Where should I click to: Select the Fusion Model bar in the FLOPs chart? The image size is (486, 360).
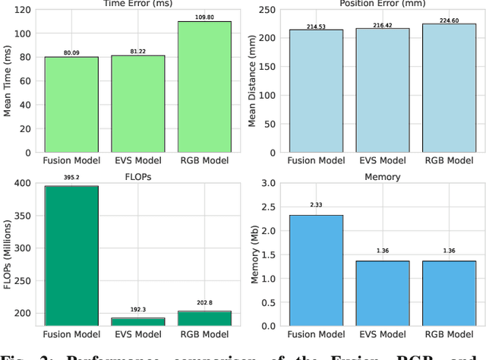click(x=71, y=255)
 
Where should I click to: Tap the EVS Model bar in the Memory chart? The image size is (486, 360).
click(x=383, y=293)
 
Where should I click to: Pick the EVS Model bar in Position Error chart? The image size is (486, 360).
click(x=383, y=90)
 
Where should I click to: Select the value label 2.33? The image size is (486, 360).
click(x=317, y=205)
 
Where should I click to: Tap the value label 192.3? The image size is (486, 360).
click(x=137, y=311)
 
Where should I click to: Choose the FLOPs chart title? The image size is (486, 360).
click(x=137, y=176)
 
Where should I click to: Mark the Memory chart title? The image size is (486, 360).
click(x=383, y=176)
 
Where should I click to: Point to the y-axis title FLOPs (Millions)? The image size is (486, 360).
click(x=7, y=254)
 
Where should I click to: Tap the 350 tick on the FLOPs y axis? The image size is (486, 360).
click(x=21, y=216)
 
